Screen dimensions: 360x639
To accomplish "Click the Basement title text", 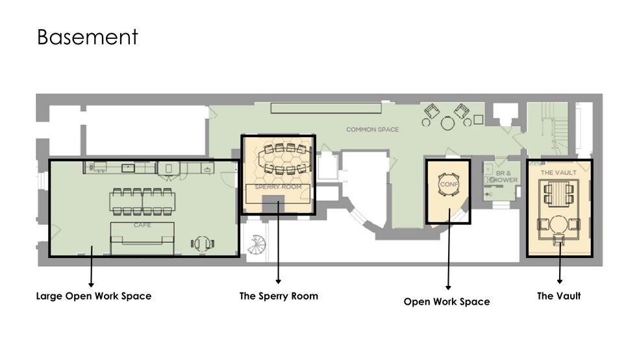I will [x=88, y=36].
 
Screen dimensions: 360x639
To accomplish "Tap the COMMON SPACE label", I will [x=372, y=129].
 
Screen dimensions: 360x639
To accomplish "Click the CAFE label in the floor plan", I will [x=142, y=224].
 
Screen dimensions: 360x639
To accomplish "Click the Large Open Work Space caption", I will [x=94, y=296].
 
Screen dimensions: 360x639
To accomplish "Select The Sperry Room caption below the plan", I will [x=279, y=296].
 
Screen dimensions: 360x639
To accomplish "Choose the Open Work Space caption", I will [x=447, y=302].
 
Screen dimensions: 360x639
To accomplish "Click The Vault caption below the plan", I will [x=558, y=296].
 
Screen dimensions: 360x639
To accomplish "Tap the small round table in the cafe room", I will [x=203, y=244].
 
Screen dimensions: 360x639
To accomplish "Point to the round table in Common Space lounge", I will [x=448, y=122].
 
